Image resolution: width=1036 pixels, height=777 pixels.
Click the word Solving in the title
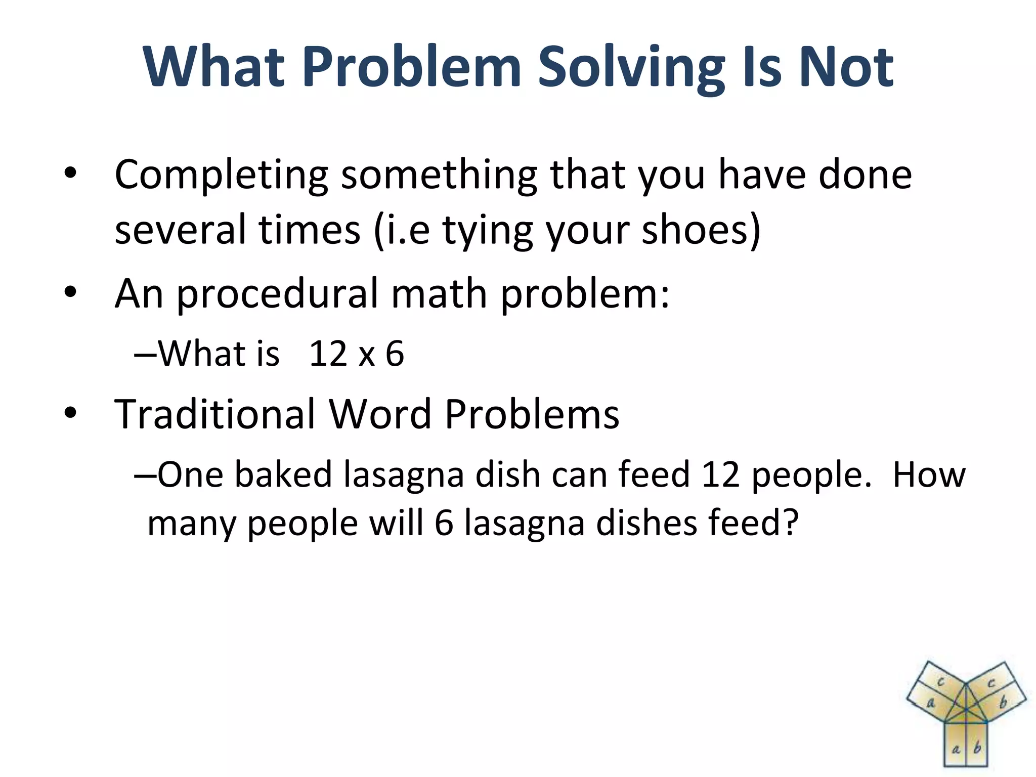click(x=630, y=68)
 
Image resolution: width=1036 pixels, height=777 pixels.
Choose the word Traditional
click(x=215, y=414)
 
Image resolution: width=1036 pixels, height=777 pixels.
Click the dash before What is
click(x=145, y=354)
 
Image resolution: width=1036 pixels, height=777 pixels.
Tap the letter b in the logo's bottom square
click(x=977, y=747)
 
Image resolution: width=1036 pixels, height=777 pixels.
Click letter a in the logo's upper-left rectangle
click(x=930, y=703)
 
